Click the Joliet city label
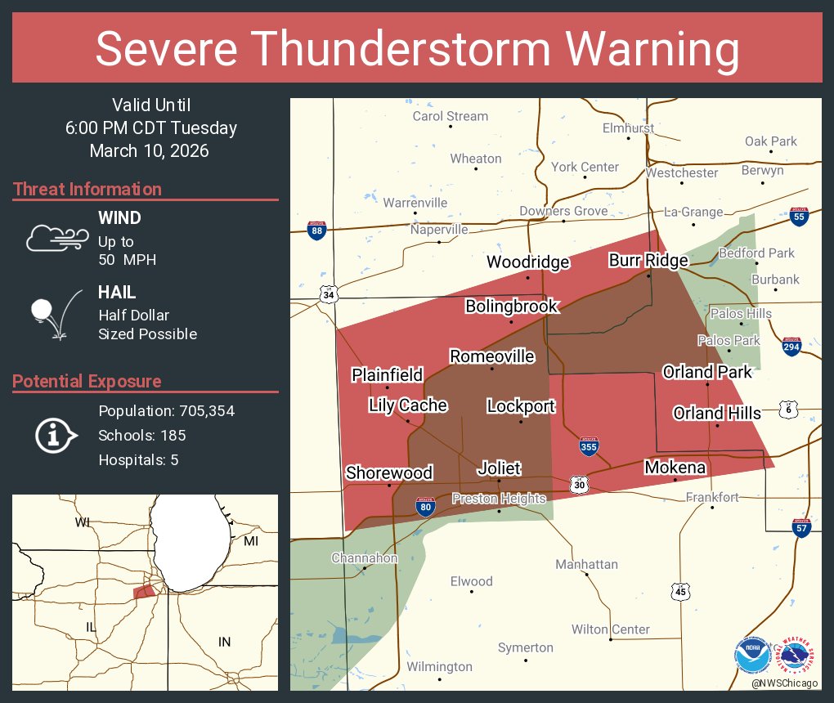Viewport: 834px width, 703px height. [x=499, y=468]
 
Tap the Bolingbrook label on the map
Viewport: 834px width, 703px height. [x=512, y=307]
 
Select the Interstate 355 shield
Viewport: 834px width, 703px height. [x=589, y=446]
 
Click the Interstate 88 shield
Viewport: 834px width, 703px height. [x=317, y=230]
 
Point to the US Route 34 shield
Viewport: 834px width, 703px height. [x=329, y=293]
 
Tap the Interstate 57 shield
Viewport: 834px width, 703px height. [x=802, y=528]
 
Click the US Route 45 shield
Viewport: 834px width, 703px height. [x=681, y=590]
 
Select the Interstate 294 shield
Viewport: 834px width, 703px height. [x=791, y=347]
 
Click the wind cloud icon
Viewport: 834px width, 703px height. [x=56, y=238]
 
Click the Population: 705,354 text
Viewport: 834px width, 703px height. [x=166, y=410]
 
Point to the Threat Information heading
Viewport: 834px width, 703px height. [x=87, y=189]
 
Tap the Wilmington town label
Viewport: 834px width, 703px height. [x=440, y=667]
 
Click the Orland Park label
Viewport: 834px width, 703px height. [x=707, y=372]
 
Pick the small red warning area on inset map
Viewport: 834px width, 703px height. [x=144, y=590]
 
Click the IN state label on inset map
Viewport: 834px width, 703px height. [x=224, y=642]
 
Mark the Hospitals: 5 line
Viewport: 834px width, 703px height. [x=138, y=459]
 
